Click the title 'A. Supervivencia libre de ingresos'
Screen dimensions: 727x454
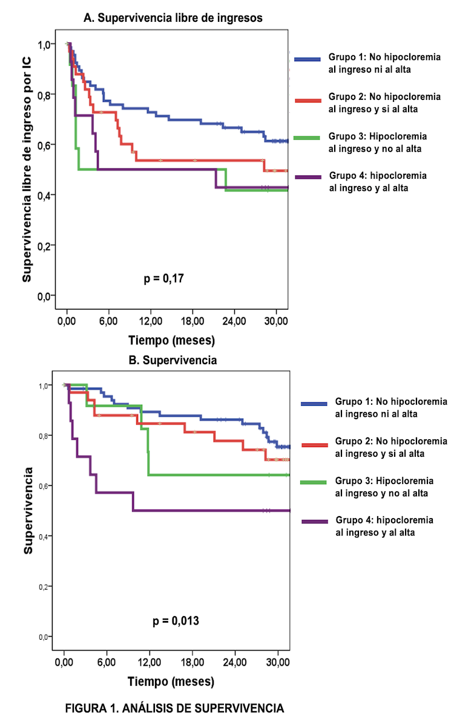click(x=173, y=18)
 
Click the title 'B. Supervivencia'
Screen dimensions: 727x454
click(x=173, y=360)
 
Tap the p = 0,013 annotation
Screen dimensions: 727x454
click(x=176, y=620)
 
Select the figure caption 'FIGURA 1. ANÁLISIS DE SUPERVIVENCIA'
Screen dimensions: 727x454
click(x=175, y=708)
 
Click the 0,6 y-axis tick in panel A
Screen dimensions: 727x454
click(x=45, y=145)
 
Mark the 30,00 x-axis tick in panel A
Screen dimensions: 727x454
click(x=276, y=320)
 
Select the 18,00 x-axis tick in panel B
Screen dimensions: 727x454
click(x=192, y=661)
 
